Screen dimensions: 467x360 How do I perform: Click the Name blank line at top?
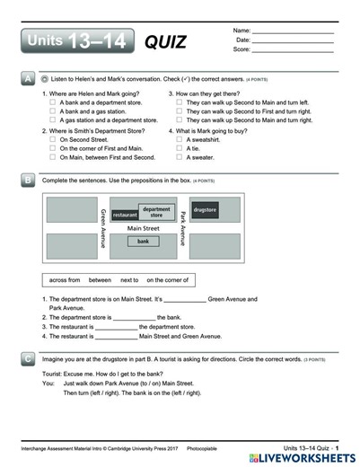click(x=293, y=33)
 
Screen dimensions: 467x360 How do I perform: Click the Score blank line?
click(x=293, y=50)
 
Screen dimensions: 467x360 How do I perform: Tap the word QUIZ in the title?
click(x=165, y=41)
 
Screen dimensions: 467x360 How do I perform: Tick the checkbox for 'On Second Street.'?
click(x=53, y=140)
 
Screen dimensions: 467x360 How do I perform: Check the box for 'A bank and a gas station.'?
click(x=53, y=111)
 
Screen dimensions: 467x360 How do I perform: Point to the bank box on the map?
click(x=142, y=242)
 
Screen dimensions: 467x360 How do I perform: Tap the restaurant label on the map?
click(x=125, y=216)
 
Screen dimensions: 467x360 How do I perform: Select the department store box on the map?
click(x=156, y=212)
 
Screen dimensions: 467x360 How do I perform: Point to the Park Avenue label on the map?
click(x=182, y=228)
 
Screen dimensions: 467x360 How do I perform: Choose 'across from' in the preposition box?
click(x=66, y=279)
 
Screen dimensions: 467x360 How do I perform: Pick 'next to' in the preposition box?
click(x=129, y=279)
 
